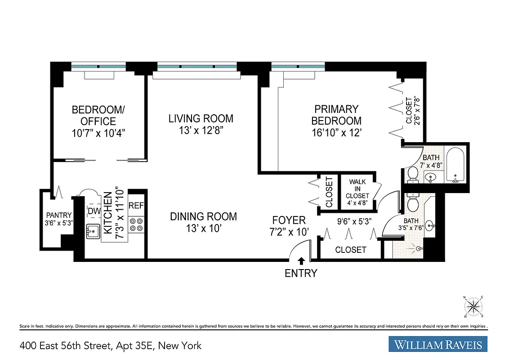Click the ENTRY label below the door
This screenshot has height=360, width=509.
[x=301, y=273]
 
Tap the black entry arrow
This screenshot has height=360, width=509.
[x=301, y=261]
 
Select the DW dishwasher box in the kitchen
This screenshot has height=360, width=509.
[x=94, y=211]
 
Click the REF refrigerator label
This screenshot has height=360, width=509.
[x=136, y=206]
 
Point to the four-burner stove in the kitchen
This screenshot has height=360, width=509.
[x=136, y=225]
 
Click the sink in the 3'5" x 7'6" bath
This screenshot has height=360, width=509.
[x=430, y=225]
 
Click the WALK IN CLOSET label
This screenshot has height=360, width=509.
[x=357, y=189]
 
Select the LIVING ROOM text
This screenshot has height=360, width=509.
[x=201, y=119]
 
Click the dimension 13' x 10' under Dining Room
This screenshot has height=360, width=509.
[x=203, y=229]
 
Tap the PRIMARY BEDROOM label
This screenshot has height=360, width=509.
[x=336, y=115]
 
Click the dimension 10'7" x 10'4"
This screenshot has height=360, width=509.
[x=98, y=133]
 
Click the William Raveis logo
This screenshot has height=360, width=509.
[x=438, y=345]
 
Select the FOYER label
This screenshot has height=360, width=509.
[x=289, y=220]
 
